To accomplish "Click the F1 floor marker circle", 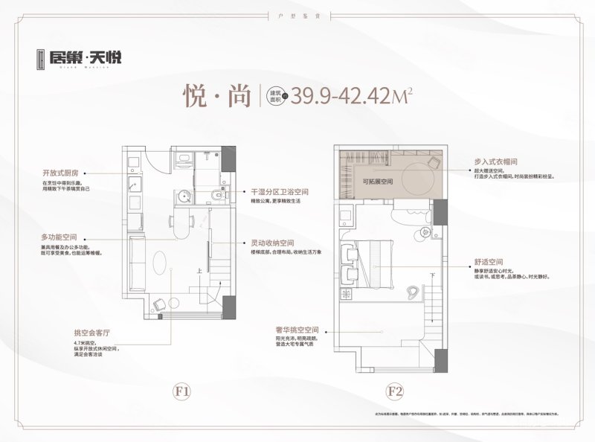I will coord(185,390).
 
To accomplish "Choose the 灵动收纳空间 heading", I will coord(274,243).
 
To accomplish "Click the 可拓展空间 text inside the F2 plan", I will coord(377,180).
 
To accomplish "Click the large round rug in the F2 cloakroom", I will coord(411,175).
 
